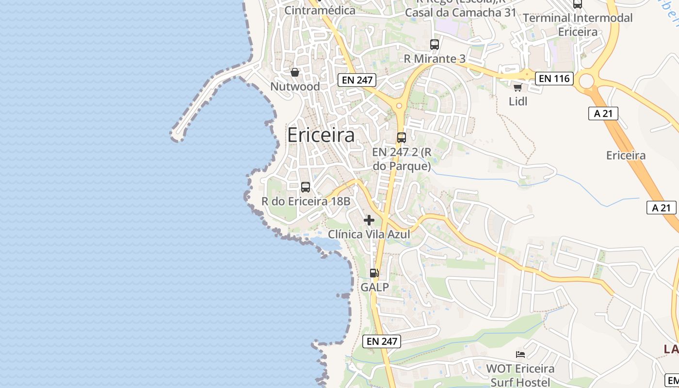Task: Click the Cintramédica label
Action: [x=320, y=10]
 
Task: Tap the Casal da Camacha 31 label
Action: [x=460, y=13]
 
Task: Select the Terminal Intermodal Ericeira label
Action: [x=578, y=25]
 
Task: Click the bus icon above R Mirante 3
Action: [x=435, y=45]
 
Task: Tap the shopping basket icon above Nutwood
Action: [x=294, y=72]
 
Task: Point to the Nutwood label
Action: [x=295, y=86]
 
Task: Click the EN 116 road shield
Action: [x=554, y=78]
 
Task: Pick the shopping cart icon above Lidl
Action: [x=517, y=87]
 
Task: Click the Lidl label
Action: [x=517, y=101]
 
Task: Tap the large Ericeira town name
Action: [x=321, y=135]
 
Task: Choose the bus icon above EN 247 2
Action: [x=401, y=137]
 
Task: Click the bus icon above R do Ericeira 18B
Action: [x=306, y=187]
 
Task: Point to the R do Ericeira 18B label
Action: [x=306, y=201]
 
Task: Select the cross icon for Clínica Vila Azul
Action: [x=369, y=220]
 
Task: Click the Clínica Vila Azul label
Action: [x=369, y=234]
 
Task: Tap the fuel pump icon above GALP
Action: [x=374, y=273]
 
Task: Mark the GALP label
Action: [x=374, y=287]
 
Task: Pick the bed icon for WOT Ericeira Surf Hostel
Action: [x=520, y=355]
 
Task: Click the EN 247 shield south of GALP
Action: [x=382, y=341]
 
